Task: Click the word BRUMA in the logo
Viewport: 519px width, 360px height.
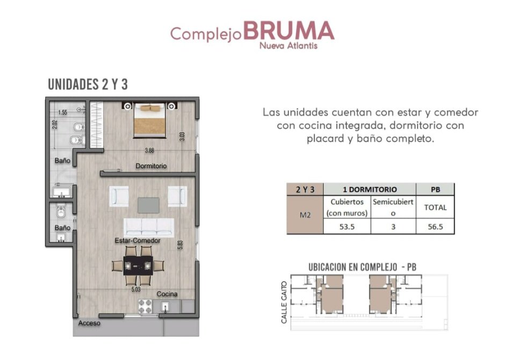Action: tap(289, 31)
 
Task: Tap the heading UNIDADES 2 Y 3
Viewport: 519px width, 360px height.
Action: tap(88, 84)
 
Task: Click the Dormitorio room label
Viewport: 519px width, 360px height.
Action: tap(151, 166)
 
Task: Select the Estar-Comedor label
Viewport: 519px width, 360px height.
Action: tap(138, 241)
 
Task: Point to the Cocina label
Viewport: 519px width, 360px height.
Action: tap(167, 294)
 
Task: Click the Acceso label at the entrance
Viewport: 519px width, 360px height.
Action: tap(89, 323)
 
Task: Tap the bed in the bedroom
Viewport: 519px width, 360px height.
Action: tap(149, 120)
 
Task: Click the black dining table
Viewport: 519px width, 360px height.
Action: tap(139, 265)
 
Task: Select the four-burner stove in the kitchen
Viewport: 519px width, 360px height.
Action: tap(145, 306)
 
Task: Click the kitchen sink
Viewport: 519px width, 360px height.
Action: tap(165, 307)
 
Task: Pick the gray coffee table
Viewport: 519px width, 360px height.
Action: tap(148, 205)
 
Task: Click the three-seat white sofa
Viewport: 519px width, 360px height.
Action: tap(149, 227)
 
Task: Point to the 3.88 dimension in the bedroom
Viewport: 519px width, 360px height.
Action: tap(149, 150)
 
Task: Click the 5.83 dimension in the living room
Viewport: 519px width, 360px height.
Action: tap(180, 244)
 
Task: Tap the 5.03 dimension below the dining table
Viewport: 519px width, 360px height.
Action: tap(136, 290)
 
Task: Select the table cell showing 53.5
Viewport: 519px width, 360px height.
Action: tap(347, 227)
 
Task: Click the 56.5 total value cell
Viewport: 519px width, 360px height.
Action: tap(435, 227)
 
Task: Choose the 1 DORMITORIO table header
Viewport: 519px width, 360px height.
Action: tap(370, 190)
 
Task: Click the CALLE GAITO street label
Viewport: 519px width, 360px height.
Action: tap(284, 302)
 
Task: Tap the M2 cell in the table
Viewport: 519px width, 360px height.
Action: tap(305, 215)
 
